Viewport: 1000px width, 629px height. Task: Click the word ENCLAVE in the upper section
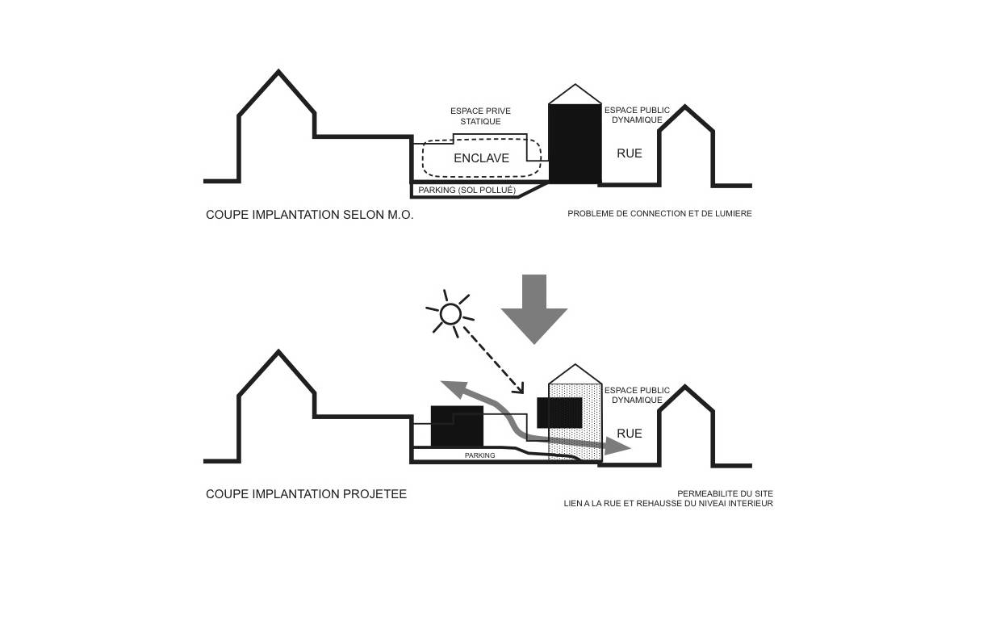(x=481, y=158)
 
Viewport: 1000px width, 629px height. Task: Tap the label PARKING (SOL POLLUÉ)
(x=467, y=191)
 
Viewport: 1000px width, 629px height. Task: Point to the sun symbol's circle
(x=450, y=314)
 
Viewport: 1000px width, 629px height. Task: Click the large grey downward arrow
(x=534, y=309)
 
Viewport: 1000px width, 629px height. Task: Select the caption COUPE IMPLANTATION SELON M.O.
(x=310, y=215)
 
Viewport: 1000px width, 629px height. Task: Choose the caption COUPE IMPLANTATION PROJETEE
(x=306, y=494)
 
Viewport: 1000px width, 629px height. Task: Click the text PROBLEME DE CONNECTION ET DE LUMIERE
(x=660, y=213)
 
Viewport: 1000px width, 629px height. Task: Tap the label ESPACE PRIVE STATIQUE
(x=480, y=116)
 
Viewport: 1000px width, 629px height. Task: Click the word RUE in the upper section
(x=630, y=153)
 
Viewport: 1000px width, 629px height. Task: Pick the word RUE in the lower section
(x=630, y=434)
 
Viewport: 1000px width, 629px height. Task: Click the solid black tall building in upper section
(x=575, y=144)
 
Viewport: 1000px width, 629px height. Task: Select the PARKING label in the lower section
(x=480, y=455)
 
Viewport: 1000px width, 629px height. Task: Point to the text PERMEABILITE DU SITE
(x=725, y=493)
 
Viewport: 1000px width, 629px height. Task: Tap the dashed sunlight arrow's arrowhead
(x=519, y=389)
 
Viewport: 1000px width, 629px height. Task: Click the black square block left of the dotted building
(x=457, y=426)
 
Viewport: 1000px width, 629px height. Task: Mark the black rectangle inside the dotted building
(x=560, y=413)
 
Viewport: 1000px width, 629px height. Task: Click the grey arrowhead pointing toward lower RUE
(x=617, y=447)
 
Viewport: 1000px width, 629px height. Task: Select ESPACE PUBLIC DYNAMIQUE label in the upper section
(x=637, y=115)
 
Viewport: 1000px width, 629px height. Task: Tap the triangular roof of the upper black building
(x=575, y=94)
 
